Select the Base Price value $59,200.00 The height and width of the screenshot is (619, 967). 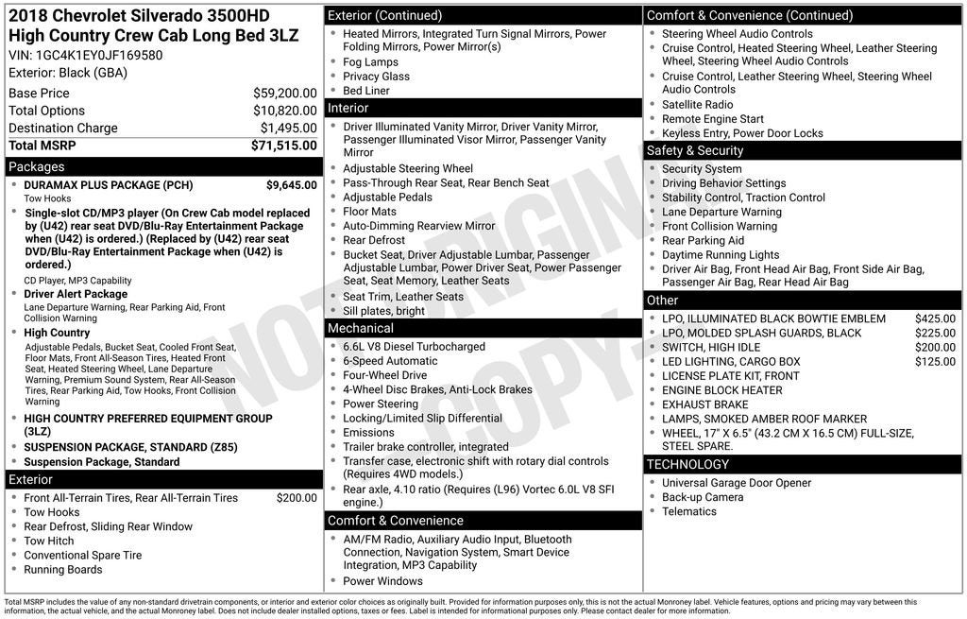(x=284, y=94)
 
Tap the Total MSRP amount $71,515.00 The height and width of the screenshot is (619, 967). (x=283, y=146)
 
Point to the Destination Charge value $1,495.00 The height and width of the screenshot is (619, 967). (x=288, y=129)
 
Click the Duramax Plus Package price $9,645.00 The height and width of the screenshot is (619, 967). (x=291, y=185)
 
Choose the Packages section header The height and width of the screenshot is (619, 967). (x=37, y=167)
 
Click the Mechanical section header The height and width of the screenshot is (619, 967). (x=360, y=328)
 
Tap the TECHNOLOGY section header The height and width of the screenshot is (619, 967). (x=687, y=464)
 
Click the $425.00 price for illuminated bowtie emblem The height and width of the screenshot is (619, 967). (x=935, y=318)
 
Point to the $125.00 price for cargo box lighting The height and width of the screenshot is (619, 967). (x=935, y=362)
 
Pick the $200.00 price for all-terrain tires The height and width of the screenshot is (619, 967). (x=297, y=498)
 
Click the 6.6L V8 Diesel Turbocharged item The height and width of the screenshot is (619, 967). (x=414, y=347)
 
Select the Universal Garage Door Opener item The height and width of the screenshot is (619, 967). (x=736, y=483)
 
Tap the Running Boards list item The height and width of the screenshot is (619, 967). (x=62, y=570)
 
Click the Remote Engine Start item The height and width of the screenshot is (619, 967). (x=712, y=119)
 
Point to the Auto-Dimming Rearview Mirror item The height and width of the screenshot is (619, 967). (x=418, y=226)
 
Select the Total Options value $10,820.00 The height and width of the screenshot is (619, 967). (x=284, y=111)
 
